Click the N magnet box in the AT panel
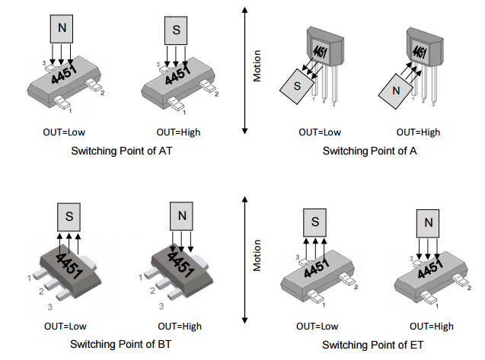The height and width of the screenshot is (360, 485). click(62, 29)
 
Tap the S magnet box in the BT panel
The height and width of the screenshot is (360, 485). click(69, 217)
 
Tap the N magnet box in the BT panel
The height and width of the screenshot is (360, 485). click(181, 216)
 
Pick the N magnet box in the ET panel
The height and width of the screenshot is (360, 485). click(428, 223)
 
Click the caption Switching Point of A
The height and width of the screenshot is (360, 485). click(370, 151)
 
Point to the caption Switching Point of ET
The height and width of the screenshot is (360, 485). click(370, 345)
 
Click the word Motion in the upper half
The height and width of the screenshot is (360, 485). click(257, 67)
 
